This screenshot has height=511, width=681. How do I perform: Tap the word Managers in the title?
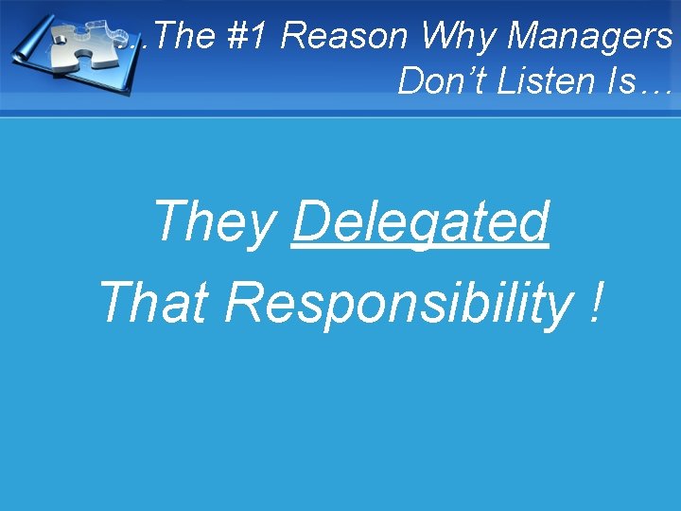(589, 36)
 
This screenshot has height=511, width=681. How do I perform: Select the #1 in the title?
(248, 36)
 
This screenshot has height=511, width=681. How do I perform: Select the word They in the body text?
(215, 221)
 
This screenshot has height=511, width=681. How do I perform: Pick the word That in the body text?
(154, 303)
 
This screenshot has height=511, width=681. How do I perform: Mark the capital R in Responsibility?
(244, 303)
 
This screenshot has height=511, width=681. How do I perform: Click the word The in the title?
(176, 36)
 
